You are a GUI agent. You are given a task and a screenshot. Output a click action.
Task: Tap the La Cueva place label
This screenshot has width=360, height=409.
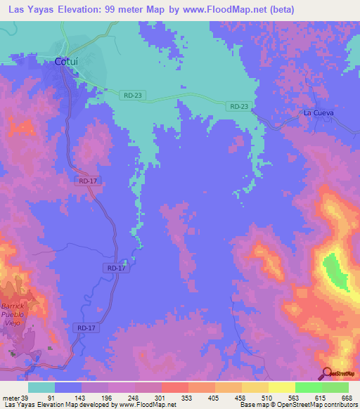[x=319, y=112]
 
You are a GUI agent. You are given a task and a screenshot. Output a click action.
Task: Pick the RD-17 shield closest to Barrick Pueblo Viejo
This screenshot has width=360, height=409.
[x=86, y=328]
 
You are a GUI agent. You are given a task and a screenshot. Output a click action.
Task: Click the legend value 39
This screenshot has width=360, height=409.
[x=26, y=398]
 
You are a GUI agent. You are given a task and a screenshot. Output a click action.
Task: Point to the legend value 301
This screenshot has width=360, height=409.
[x=160, y=398]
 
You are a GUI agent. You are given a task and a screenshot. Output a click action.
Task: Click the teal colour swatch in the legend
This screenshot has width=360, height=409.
[x=41, y=387]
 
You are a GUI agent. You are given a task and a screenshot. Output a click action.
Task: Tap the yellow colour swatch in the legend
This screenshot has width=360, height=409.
[x=282, y=387]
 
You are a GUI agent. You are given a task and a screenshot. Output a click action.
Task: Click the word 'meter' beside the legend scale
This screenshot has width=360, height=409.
[x=10, y=398]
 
